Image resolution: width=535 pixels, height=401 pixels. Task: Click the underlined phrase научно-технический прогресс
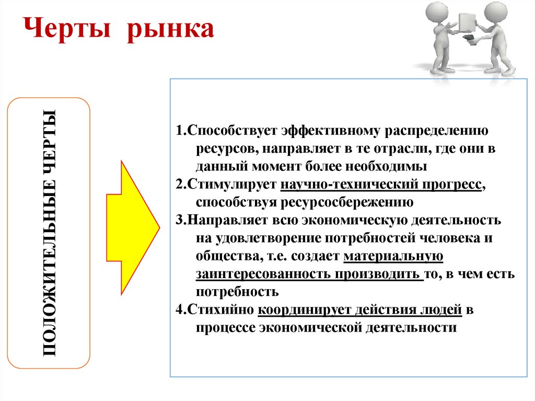[380, 185]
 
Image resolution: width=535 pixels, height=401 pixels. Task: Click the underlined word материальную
[394, 256]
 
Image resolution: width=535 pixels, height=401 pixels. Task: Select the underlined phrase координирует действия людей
[360, 310]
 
